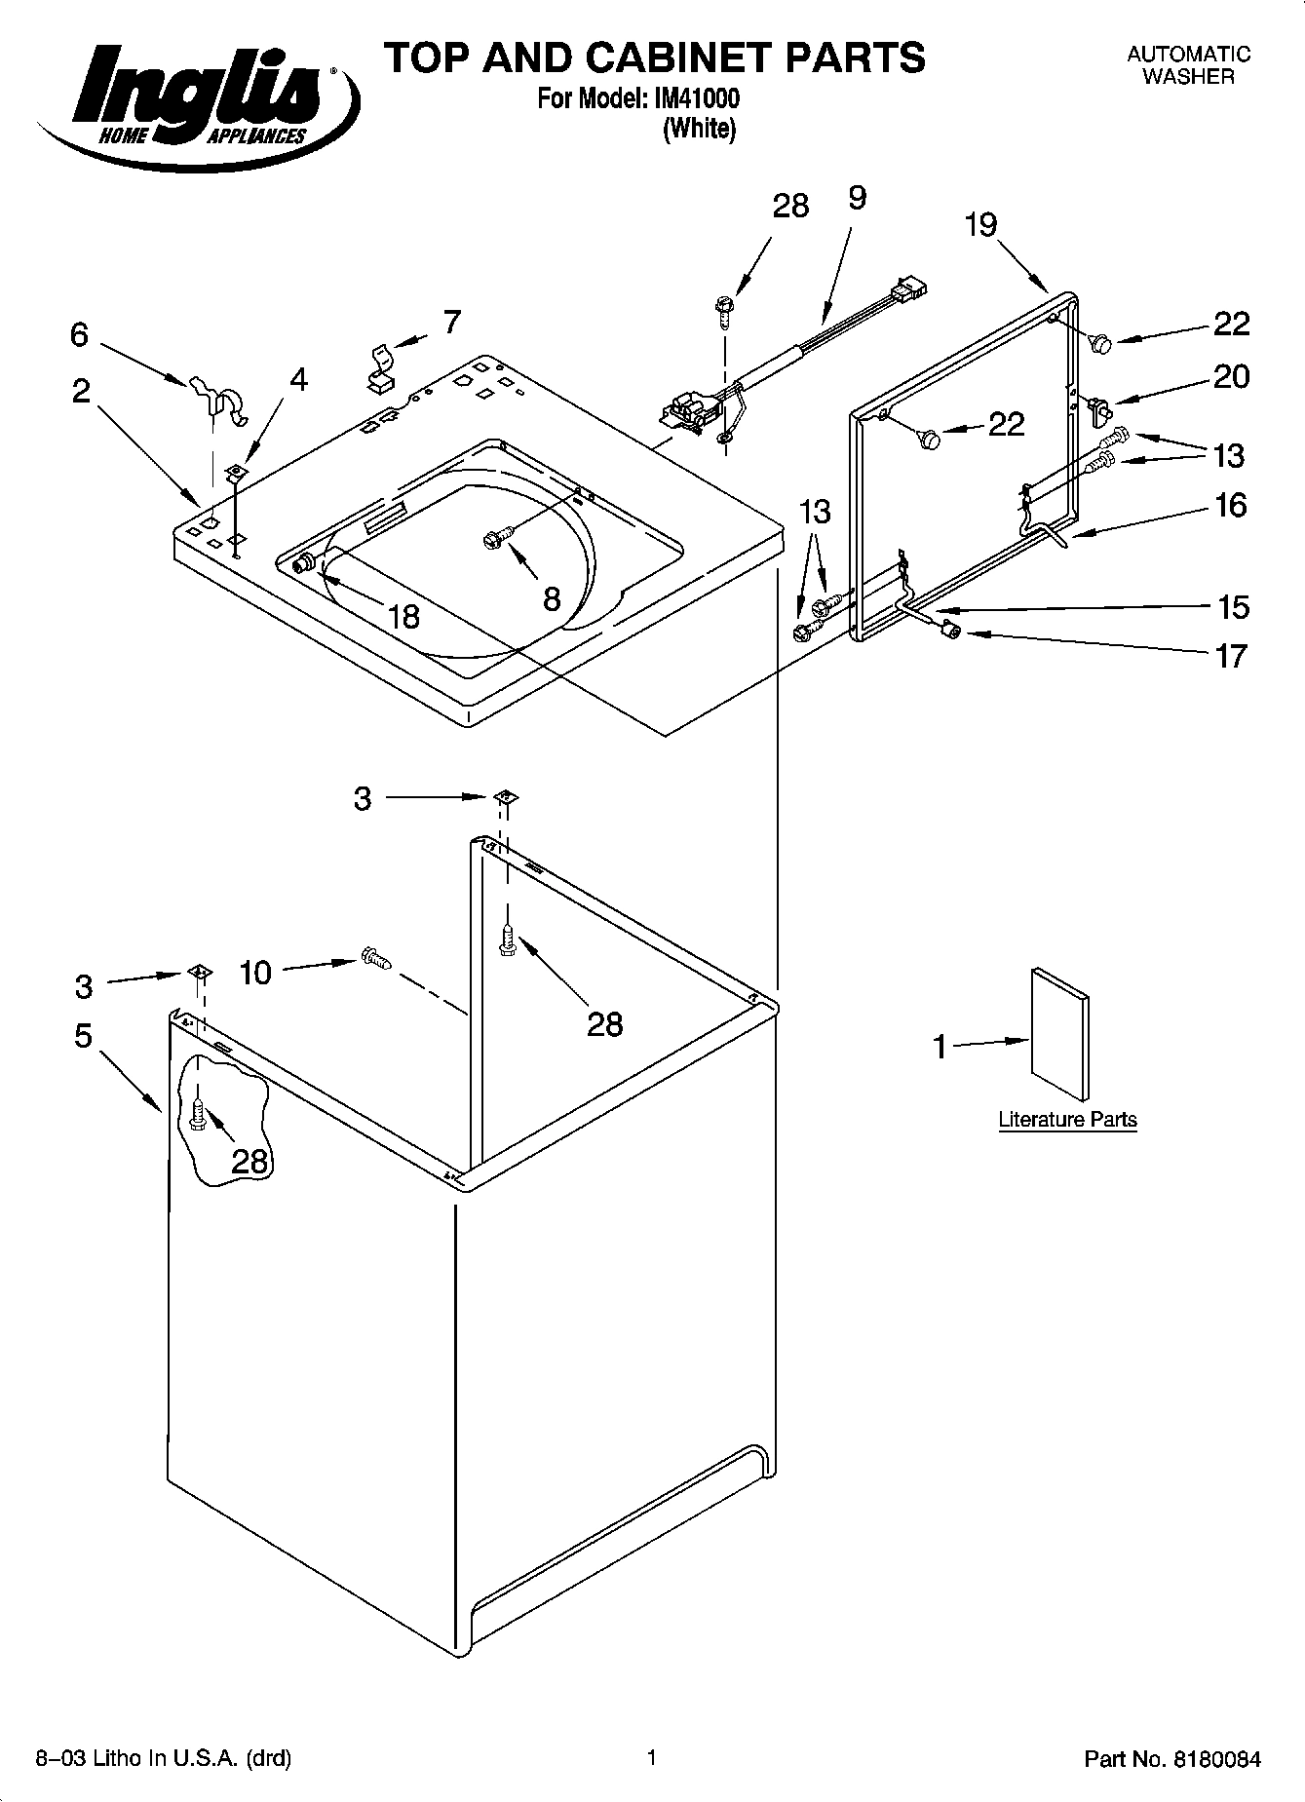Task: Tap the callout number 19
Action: (981, 225)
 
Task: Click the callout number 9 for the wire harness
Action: (856, 198)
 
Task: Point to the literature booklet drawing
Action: (1060, 1033)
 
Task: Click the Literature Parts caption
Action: (1067, 1120)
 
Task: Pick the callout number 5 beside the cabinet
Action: (83, 1035)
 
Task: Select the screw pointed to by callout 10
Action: (374, 958)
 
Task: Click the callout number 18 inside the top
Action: (403, 616)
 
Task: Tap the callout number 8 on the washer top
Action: (552, 598)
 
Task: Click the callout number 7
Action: (451, 322)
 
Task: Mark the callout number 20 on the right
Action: (1231, 377)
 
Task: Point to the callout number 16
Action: (1231, 505)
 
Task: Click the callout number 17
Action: (1231, 656)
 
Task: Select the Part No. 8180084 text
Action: (1172, 1759)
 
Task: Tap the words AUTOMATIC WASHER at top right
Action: (1188, 65)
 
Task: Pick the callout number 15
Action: (1233, 607)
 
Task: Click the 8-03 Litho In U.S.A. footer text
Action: (164, 1759)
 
